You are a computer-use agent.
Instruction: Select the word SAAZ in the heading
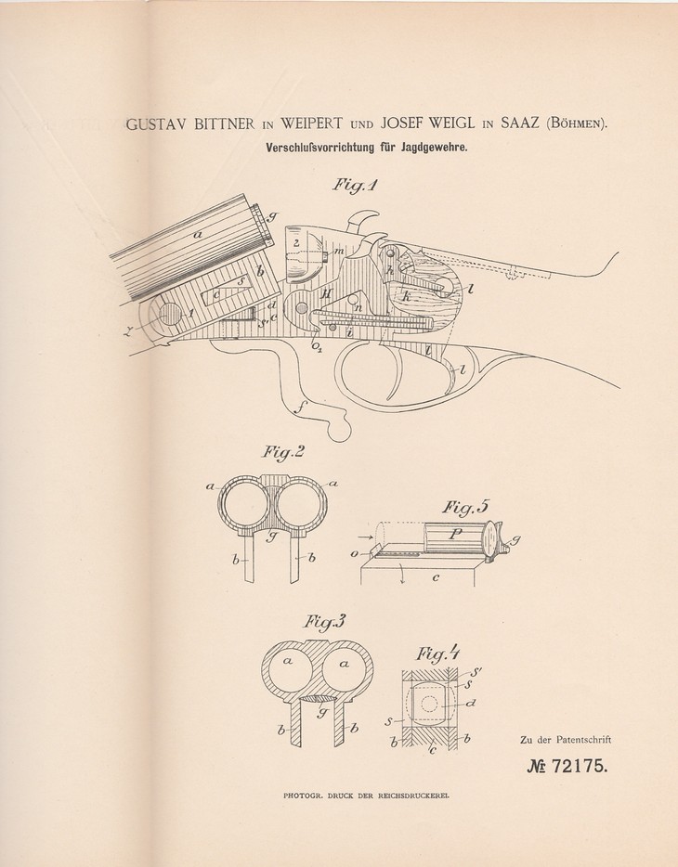pos(521,123)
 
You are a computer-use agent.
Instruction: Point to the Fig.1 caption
pos(355,185)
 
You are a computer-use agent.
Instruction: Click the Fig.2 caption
pos(283,452)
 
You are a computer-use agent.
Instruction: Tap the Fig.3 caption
pos(323,622)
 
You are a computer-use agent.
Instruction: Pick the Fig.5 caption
pos(466,508)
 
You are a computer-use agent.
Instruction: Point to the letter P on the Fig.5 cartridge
pos(457,534)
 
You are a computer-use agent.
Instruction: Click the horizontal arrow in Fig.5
pos(365,536)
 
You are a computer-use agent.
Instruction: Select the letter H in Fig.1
pos(326,294)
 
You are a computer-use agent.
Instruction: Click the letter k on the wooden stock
pos(406,296)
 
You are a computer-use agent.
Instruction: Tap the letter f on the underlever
pos(301,409)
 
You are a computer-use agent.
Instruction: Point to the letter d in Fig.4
pos(471,704)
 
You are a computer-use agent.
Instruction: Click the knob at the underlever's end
pos(340,429)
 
